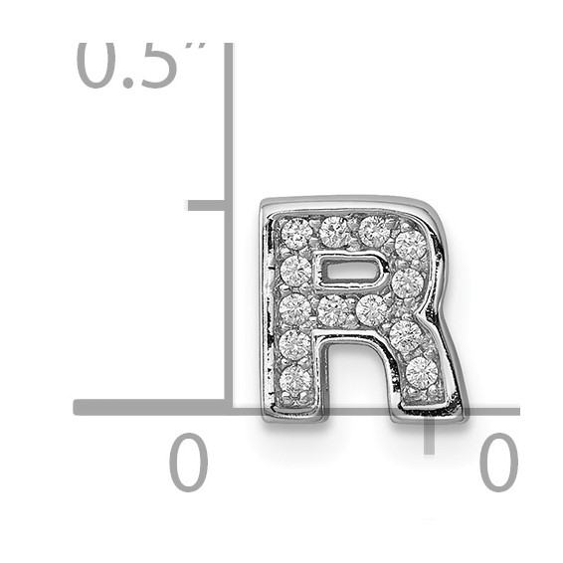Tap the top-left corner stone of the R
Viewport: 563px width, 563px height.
point(296,236)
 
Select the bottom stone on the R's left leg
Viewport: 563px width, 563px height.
point(295,380)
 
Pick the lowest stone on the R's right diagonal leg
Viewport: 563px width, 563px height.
point(422,372)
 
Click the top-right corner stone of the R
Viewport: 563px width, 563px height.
point(410,244)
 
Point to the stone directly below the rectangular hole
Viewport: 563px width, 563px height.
point(335,311)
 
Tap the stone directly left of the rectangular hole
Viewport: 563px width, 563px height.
point(295,271)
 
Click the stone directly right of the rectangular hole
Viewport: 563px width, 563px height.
point(407,282)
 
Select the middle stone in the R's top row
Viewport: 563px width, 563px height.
point(335,231)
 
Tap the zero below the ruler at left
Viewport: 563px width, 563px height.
point(188,463)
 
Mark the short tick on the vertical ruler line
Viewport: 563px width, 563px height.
point(207,205)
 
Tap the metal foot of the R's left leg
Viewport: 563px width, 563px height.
point(295,409)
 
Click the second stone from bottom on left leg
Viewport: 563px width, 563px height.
point(294,344)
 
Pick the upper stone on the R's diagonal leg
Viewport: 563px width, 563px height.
point(406,335)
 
